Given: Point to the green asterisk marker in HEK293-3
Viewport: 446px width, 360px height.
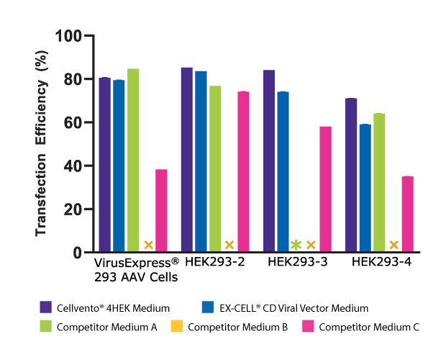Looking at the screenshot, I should coord(295,245).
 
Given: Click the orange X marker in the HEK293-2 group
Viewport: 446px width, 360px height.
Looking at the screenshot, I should coord(229,245).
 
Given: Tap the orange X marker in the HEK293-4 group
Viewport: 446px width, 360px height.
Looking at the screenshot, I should coord(393,245).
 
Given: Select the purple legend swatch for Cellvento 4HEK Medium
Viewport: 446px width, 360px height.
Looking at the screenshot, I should coord(46,308).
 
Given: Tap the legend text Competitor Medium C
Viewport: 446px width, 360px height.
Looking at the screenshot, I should coord(369,328).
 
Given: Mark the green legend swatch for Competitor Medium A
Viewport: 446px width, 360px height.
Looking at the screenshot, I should coord(46,328).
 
